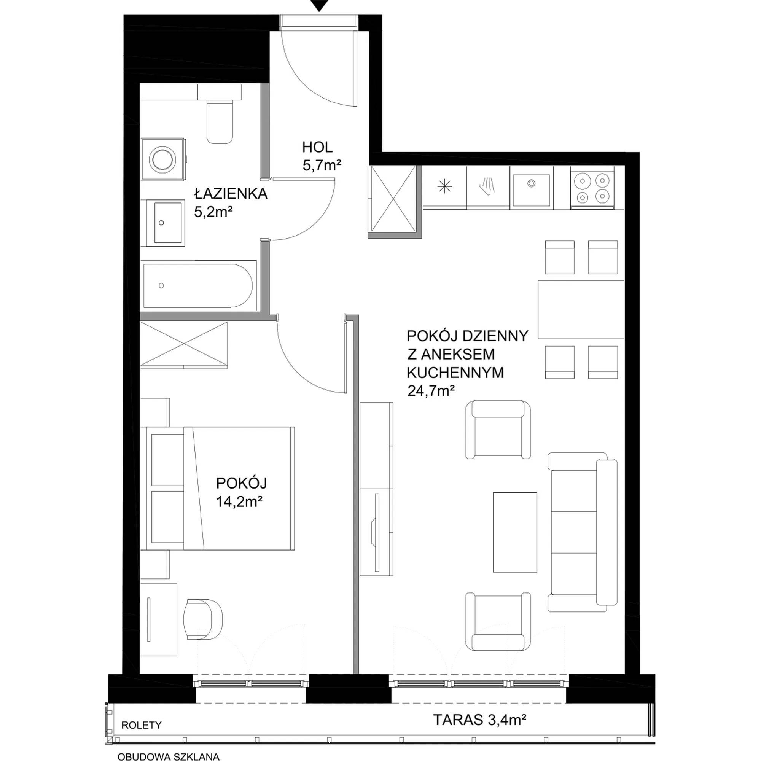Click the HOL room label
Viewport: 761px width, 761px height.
click(317, 147)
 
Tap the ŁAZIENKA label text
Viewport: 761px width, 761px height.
click(231, 194)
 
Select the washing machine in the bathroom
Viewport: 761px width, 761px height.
click(164, 159)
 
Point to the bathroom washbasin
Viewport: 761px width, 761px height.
click(166, 223)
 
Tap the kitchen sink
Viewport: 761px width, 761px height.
click(532, 190)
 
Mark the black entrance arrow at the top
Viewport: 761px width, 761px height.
click(319, 5)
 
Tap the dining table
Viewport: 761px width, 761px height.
click(581, 309)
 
